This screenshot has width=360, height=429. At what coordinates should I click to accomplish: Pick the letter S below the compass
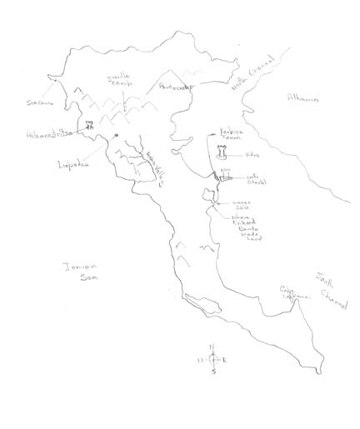(x=213, y=372)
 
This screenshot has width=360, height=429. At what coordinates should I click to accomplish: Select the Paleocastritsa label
(x=49, y=132)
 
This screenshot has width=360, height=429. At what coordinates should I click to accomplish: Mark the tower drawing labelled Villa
(x=222, y=152)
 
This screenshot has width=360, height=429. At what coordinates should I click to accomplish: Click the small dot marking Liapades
(x=117, y=136)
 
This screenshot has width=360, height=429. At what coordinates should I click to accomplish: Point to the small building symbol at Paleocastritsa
(x=85, y=127)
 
